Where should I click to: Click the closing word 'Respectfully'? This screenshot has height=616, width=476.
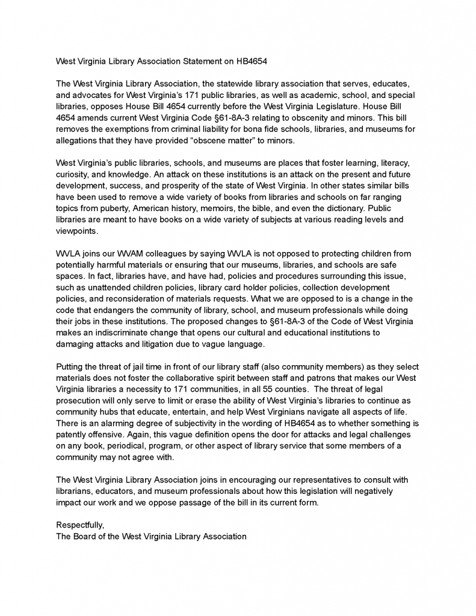tap(79, 525)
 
